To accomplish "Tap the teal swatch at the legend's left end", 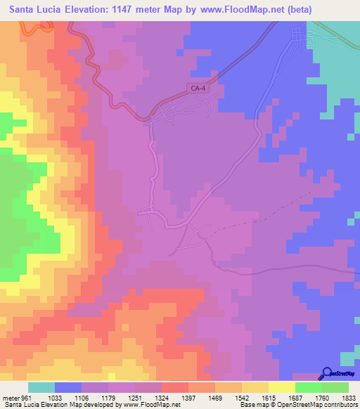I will click(41, 387).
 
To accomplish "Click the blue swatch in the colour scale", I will click(68, 387).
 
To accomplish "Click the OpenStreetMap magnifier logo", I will click(328, 374).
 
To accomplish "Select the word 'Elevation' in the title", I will click(82, 10).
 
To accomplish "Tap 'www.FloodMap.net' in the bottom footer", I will click(148, 405).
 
